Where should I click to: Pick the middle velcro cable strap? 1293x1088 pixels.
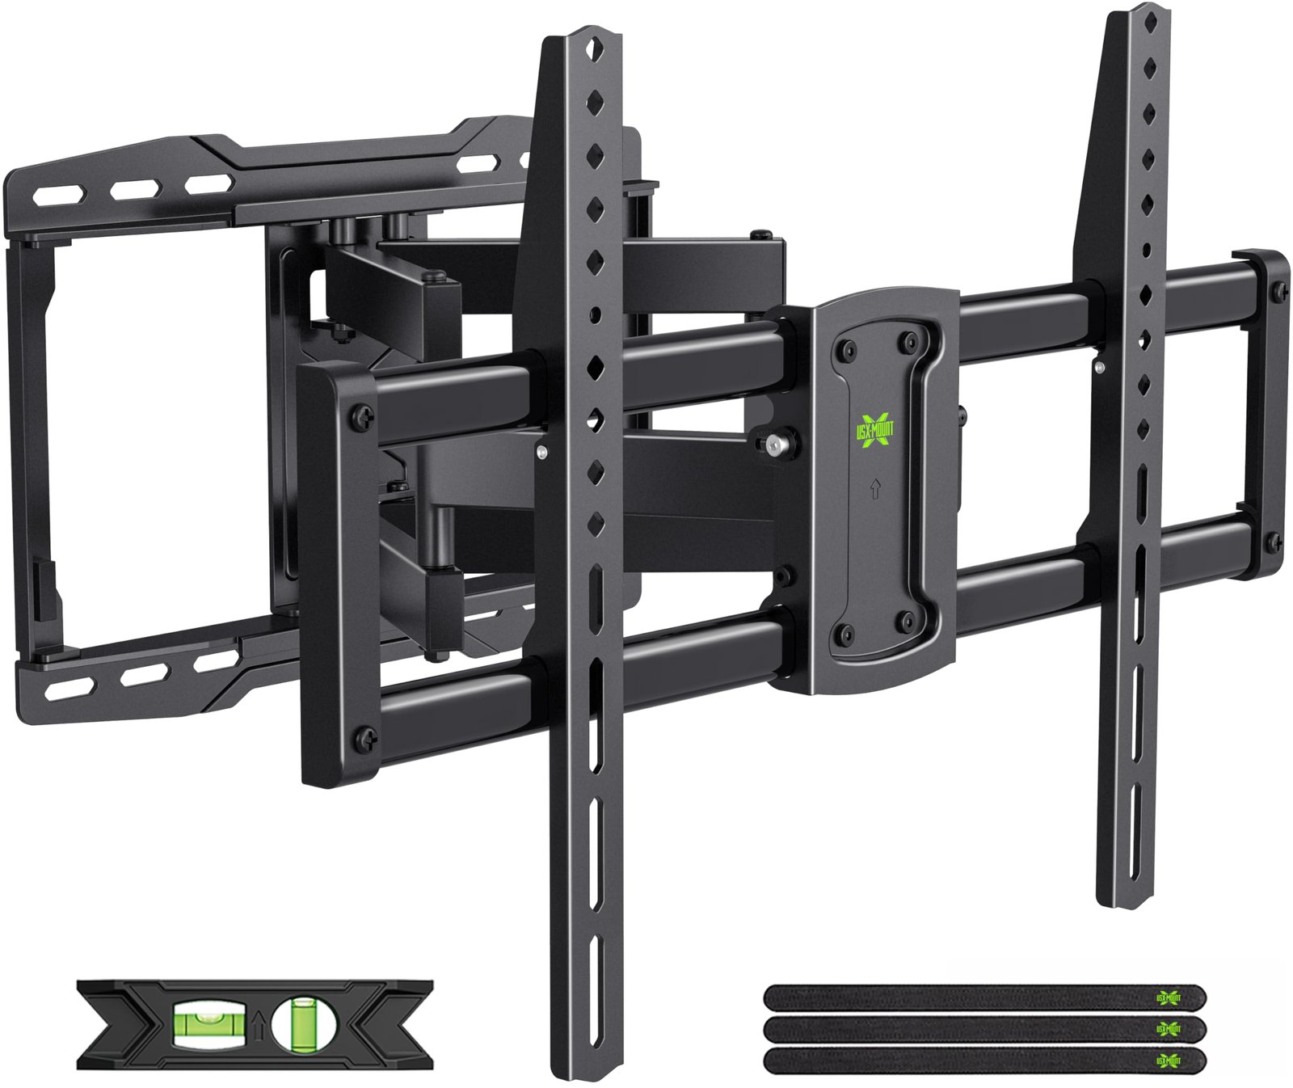(x=985, y=1028)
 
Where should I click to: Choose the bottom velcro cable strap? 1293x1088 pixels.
(x=985, y=1059)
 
